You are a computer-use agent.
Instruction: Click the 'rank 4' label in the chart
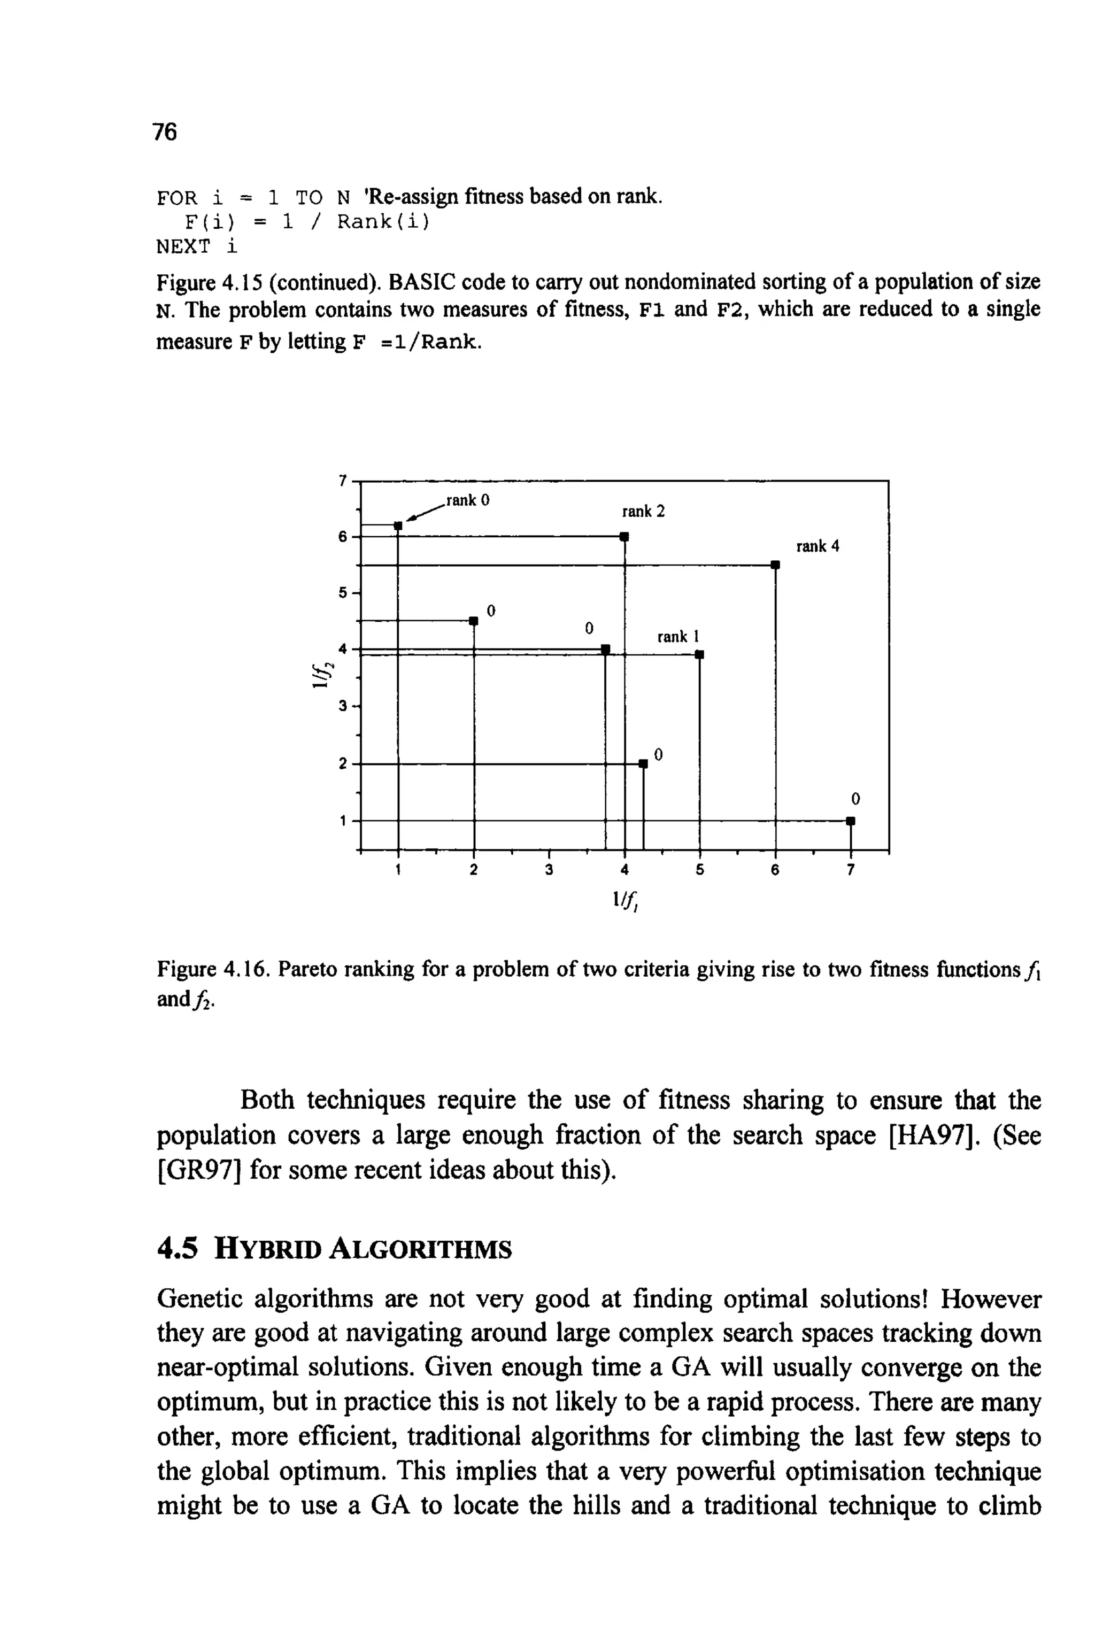818,546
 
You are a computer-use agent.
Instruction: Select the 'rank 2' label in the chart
643,512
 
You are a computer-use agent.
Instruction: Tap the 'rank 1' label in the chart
678,637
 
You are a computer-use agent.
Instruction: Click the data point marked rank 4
774,565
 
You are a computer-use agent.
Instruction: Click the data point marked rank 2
624,537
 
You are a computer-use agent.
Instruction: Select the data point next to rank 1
699,655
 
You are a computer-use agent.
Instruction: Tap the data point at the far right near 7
850,822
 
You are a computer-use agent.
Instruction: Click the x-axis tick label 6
774,870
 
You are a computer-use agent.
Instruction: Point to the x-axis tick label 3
549,870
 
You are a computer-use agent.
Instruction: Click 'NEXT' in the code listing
183,246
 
